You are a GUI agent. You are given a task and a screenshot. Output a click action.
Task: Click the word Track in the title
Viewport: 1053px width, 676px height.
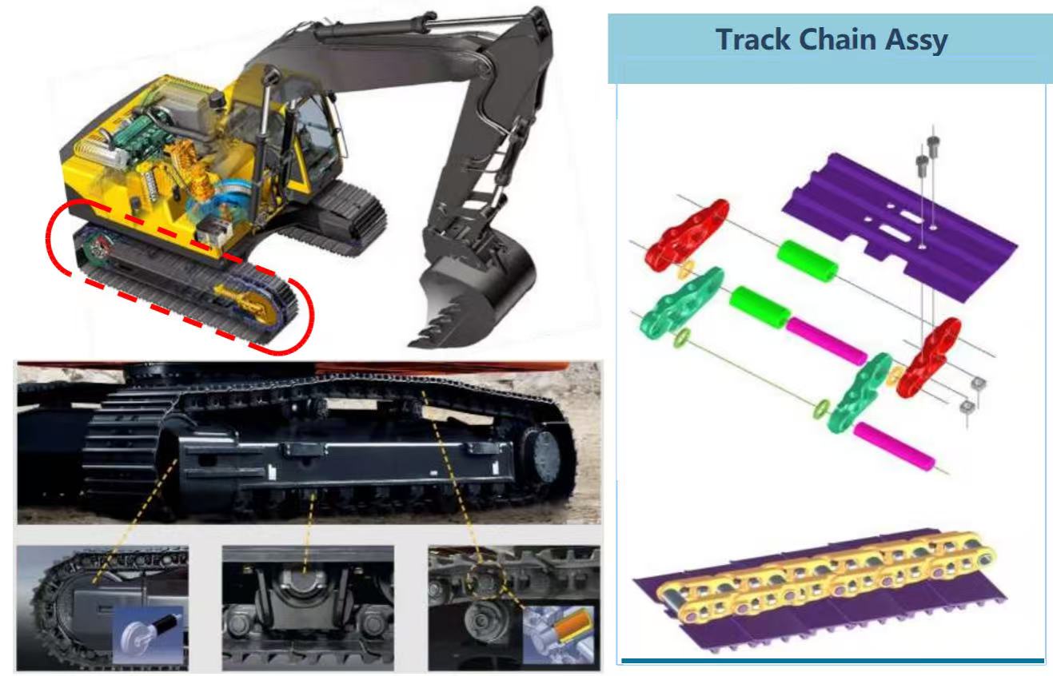[x=753, y=39]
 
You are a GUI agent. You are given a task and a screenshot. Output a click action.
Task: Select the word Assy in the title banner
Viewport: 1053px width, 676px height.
[x=916, y=41]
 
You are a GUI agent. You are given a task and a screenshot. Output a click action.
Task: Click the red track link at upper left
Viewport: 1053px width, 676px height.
[x=686, y=236]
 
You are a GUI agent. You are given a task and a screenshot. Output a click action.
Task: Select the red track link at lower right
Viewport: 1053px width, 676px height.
[x=928, y=357]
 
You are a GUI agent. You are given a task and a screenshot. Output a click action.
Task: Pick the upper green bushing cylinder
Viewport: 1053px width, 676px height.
[x=807, y=261]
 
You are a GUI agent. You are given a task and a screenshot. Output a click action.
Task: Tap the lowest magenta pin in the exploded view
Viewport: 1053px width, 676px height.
[x=894, y=447]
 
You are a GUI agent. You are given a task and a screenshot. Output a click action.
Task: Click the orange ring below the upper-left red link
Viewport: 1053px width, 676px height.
[x=685, y=268]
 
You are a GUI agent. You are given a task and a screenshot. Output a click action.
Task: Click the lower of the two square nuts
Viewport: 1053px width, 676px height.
[x=967, y=406]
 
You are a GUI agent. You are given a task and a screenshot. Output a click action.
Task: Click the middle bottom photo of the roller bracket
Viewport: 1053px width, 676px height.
[x=308, y=607]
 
